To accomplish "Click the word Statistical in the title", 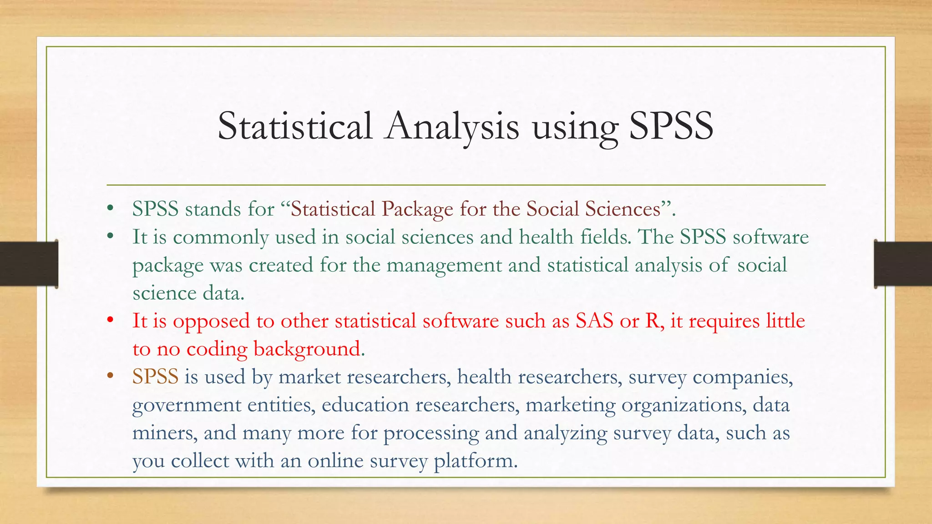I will [295, 126].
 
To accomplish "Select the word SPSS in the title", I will [671, 126].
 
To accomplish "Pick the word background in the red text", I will [307, 349].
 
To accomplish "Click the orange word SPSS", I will [155, 377].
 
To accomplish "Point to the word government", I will [187, 405].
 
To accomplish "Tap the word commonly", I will [221, 237].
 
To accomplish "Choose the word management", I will [444, 266].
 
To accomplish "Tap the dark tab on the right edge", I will [903, 264].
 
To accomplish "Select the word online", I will [335, 461].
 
